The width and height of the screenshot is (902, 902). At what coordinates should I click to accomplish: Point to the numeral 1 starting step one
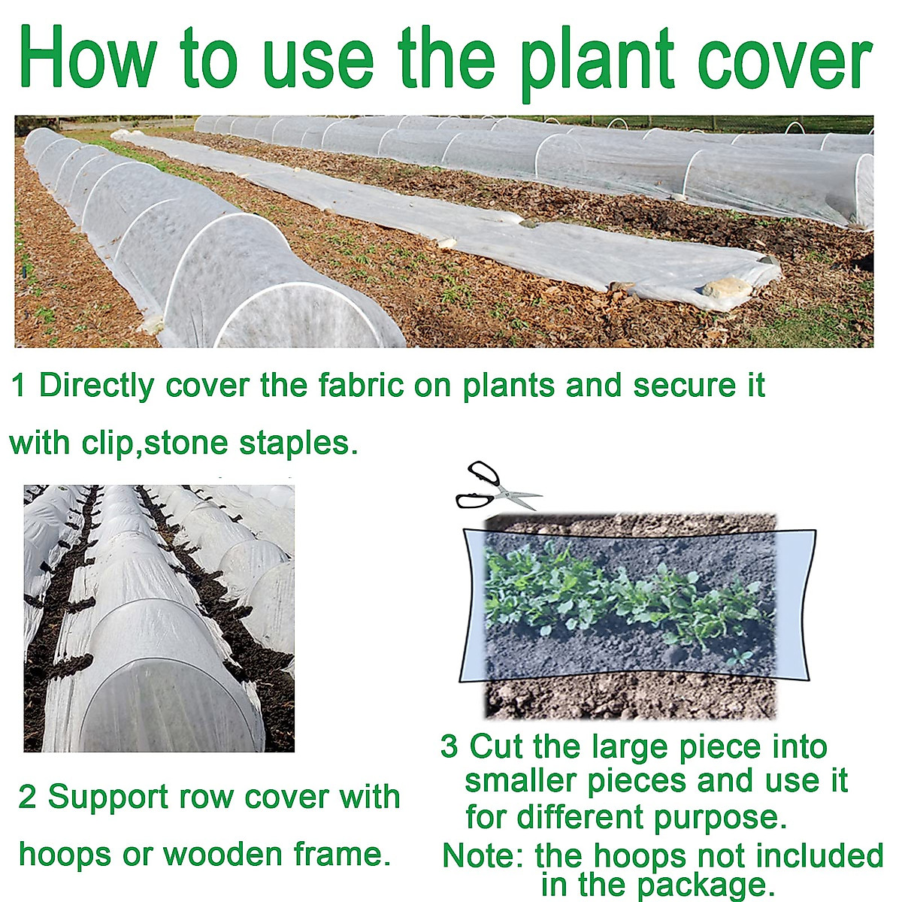pos(19,386)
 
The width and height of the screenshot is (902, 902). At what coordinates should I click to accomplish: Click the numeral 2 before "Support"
pos(27,798)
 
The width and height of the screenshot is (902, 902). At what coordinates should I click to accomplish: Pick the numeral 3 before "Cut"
pos(449,747)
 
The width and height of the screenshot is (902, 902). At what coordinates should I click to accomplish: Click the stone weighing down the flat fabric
pos(727,288)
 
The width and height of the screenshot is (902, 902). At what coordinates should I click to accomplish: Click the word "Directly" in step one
pos(96,386)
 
